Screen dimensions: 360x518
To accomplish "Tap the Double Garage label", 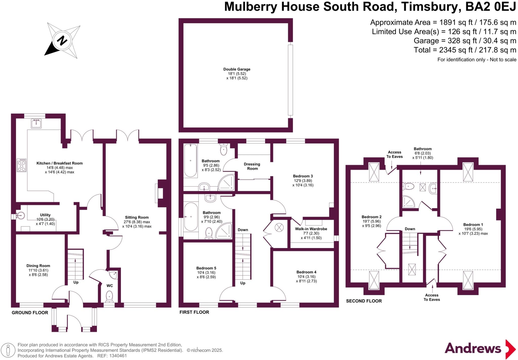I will [x=237, y=69].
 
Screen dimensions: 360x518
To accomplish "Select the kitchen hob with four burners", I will [x=21, y=165].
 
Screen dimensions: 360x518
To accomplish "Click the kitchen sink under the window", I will [x=36, y=124].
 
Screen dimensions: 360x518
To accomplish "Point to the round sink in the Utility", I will [x=21, y=215].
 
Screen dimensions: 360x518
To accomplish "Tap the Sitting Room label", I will [x=137, y=217].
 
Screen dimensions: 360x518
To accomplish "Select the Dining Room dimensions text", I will [x=38, y=272].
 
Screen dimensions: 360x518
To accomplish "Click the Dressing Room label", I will [x=252, y=166].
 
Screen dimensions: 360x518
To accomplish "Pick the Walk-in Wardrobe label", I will [x=311, y=229].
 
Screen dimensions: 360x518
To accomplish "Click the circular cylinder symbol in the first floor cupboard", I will [x=279, y=227].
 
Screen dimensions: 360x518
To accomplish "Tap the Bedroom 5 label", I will [x=206, y=268].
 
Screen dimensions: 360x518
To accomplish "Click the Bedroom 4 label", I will [x=306, y=272].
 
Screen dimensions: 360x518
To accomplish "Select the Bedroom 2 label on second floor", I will [x=371, y=217].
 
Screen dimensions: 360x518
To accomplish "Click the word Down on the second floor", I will [x=410, y=229].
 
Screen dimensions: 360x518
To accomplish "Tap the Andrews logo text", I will [x=473, y=348].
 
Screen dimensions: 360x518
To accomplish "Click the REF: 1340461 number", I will [x=118, y=356].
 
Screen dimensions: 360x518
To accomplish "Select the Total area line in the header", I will [x=465, y=50].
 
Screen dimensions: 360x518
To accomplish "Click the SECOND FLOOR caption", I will [x=364, y=301].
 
